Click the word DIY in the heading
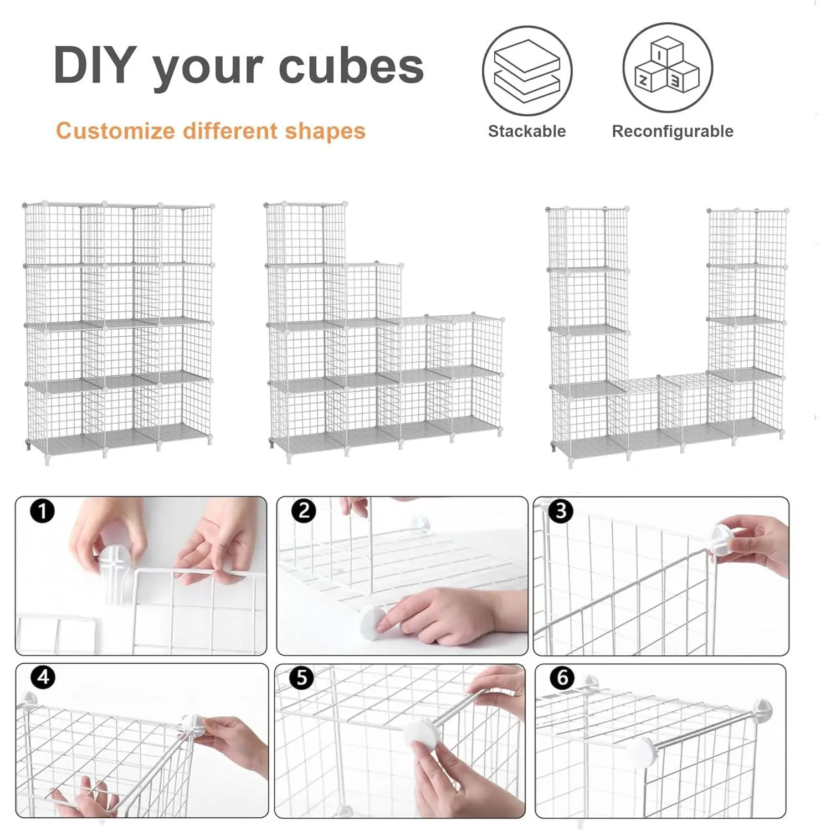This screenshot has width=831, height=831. coord(95,65)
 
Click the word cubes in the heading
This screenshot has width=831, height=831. coord(351,66)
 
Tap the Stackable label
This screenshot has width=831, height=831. coord(527,131)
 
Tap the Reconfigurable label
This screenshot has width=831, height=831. coord(673,132)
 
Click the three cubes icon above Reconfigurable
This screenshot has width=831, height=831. coord(668,68)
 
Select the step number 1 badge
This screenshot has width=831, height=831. coord(43,510)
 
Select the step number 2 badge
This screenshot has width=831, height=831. coord(304,510)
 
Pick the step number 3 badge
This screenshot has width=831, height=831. coord(561,510)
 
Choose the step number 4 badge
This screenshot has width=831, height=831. coord(43,677)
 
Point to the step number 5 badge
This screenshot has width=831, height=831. coord(302,678)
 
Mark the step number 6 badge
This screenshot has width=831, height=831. coord(563,678)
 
